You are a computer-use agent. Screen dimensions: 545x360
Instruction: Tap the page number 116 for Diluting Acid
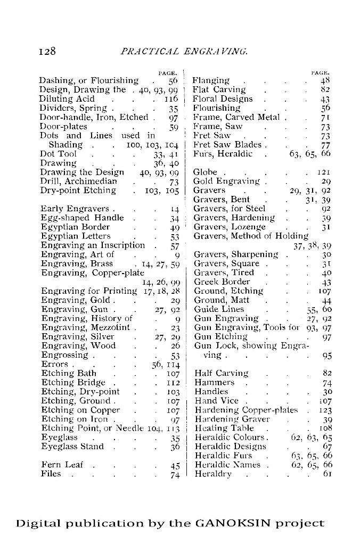(170, 99)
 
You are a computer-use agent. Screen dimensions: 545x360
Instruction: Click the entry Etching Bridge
(73, 383)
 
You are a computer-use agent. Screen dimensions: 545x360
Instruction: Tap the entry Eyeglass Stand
(72, 447)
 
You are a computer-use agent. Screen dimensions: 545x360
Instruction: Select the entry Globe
(206, 172)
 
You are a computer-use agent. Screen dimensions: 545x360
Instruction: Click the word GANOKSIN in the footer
(232, 523)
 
